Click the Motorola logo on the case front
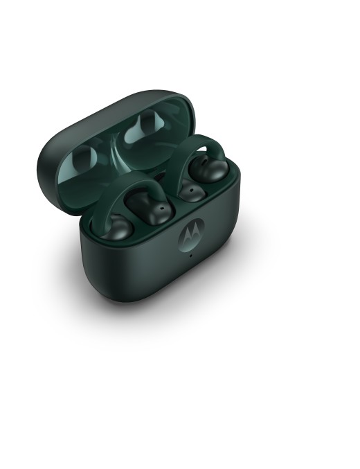(190, 234)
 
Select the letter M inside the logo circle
(190, 235)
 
